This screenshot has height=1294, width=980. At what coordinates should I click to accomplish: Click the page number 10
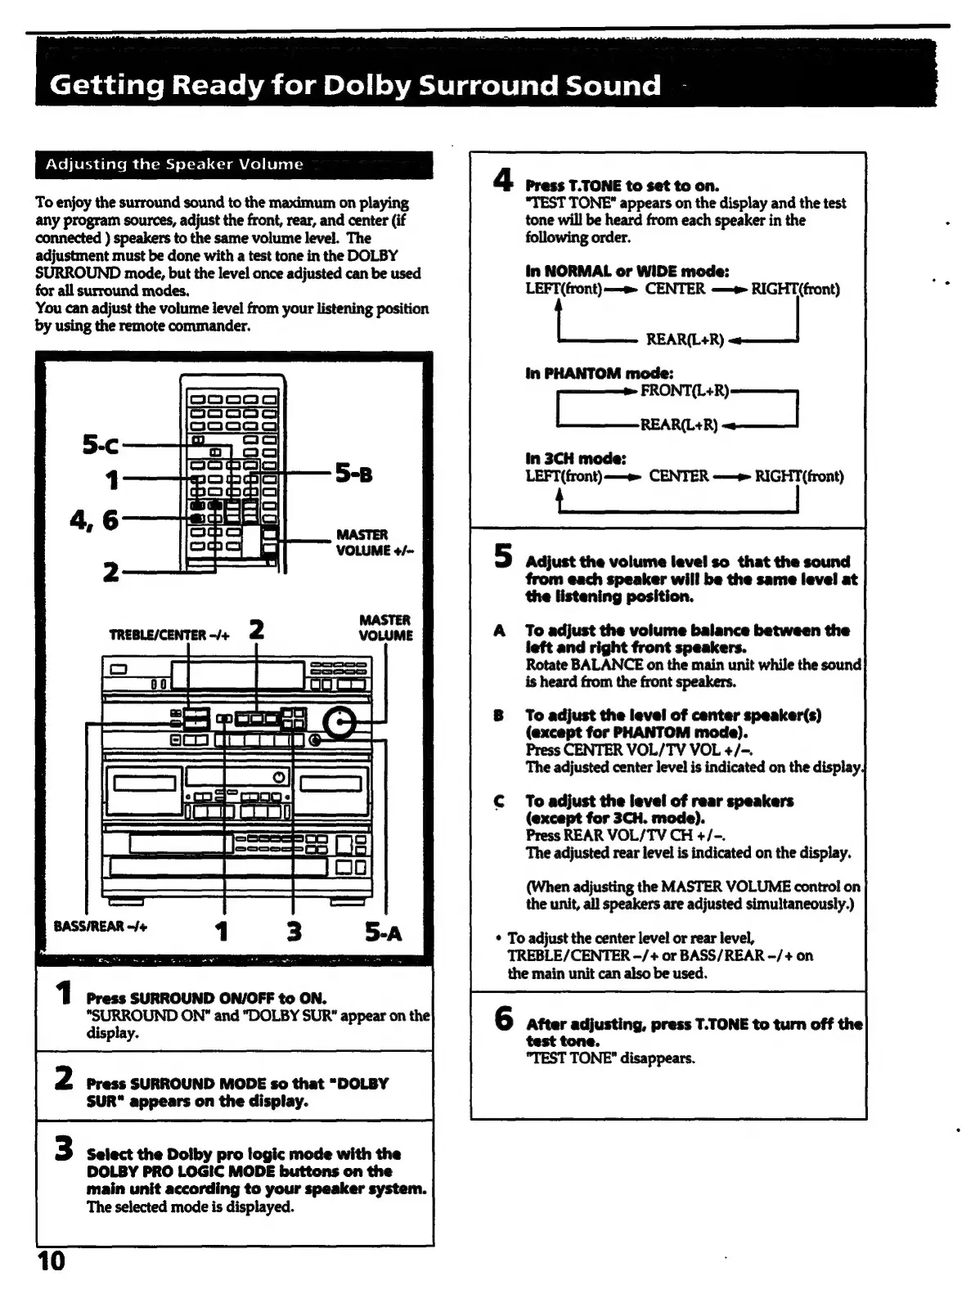pos(51,1260)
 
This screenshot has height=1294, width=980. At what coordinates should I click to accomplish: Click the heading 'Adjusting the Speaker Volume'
pos(174,164)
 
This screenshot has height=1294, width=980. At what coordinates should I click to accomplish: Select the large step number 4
pos(504,180)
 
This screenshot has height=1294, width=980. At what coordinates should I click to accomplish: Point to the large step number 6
pos(504,1019)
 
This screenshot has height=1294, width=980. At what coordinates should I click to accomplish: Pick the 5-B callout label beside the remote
pos(353,474)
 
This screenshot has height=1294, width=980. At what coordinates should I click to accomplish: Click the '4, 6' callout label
pos(93,519)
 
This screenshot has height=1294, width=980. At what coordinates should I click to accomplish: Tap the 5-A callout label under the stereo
pos(384,932)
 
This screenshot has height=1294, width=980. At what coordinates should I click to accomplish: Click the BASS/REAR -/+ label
pos(100,927)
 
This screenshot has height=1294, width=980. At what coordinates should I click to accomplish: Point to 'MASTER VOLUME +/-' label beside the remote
pos(375,542)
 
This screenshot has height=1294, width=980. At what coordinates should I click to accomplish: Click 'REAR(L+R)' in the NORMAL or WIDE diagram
pos(685,339)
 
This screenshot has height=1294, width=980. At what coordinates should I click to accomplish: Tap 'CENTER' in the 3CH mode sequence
pos(678,476)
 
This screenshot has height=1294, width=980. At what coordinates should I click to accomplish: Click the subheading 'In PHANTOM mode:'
pos(599,374)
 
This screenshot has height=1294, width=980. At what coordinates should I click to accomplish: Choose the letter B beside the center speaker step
pos(498,716)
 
